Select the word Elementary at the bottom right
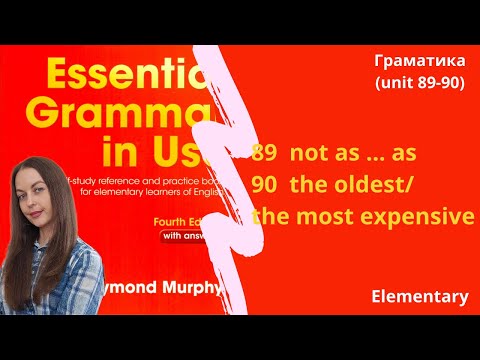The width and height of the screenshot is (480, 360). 419,297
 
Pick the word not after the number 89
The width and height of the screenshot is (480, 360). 312,154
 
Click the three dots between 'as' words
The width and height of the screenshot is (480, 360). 379,158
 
